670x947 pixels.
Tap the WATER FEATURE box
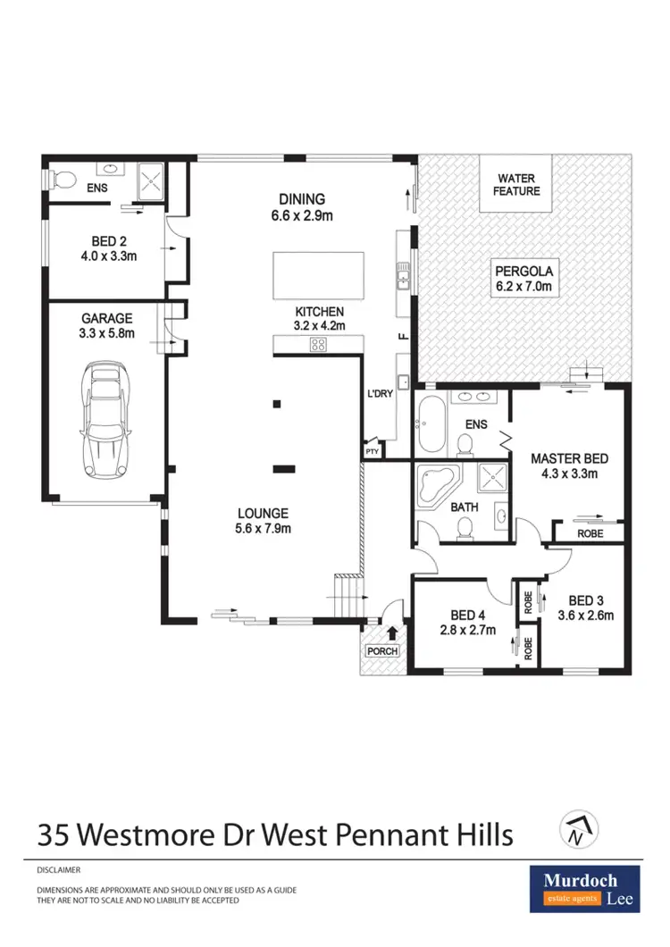click(x=518, y=184)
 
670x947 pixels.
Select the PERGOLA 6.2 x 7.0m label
click(x=524, y=279)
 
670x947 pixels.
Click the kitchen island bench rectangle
click(x=319, y=275)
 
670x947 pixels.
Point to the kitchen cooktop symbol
click(x=319, y=345)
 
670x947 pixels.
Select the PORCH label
click(x=382, y=651)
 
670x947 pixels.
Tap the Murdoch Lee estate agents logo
click(x=584, y=888)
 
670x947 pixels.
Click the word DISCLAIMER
click(x=59, y=869)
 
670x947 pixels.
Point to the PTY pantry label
click(x=372, y=454)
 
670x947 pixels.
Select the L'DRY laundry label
click(x=382, y=394)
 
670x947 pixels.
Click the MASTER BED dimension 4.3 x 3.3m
click(x=570, y=474)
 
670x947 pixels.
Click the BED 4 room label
click(x=463, y=615)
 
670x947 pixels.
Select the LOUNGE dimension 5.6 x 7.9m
click(x=263, y=528)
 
